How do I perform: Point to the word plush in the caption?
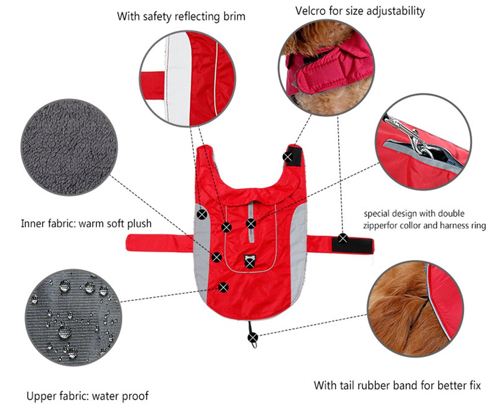(x=137, y=223)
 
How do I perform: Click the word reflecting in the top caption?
(x=186, y=16)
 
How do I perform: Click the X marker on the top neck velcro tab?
(x=288, y=157)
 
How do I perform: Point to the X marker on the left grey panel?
(x=201, y=215)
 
